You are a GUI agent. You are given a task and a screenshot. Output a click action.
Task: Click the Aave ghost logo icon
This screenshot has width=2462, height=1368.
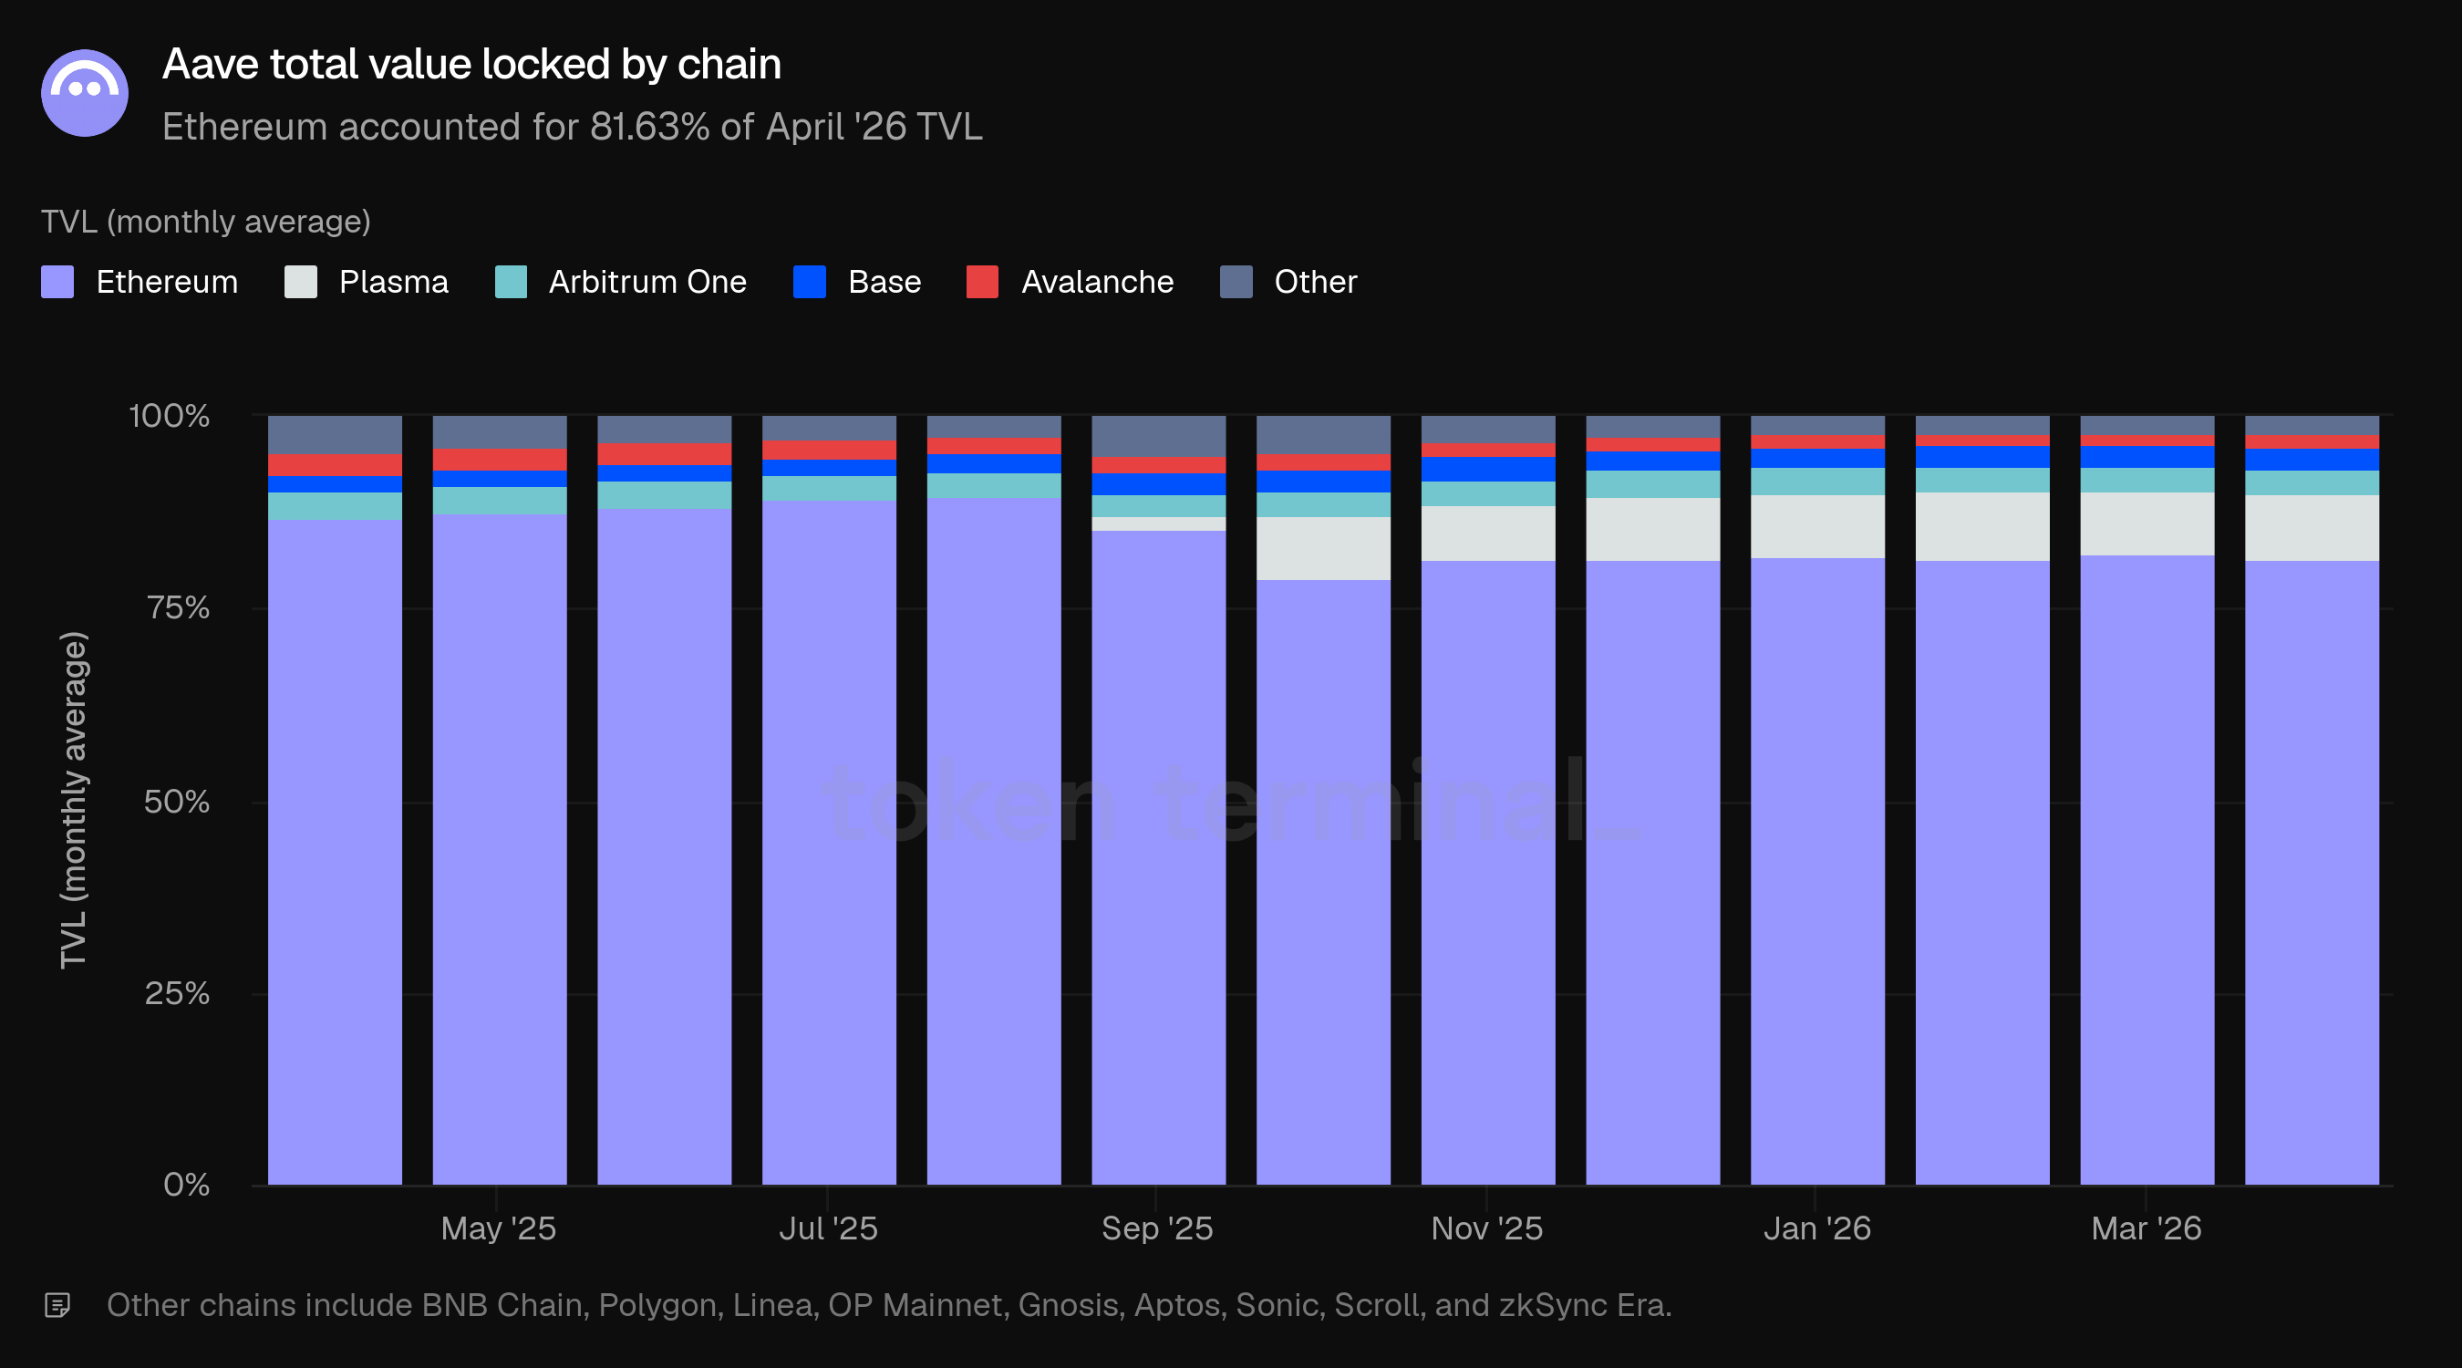coord(84,93)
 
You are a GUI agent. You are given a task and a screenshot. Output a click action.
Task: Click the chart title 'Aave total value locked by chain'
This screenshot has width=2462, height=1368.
coord(472,64)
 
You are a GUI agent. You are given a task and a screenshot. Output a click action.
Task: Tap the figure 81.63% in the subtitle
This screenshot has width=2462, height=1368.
coord(650,126)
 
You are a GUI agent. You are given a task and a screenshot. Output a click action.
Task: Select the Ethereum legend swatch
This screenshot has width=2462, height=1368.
coord(57,282)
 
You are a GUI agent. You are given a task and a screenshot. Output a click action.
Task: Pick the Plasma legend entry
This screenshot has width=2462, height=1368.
coord(366,282)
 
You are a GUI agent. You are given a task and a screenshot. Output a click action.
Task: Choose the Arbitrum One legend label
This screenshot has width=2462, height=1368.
coord(647,282)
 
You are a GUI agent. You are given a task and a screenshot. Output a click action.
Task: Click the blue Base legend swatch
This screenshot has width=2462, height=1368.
coord(810,282)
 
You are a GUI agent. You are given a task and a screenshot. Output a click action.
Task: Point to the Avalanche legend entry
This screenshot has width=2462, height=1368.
coord(1070,282)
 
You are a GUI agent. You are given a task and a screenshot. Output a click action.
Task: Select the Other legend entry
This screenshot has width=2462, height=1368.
coord(1288,282)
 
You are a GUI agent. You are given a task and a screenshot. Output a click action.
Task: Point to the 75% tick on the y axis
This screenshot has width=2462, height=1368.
coord(178,608)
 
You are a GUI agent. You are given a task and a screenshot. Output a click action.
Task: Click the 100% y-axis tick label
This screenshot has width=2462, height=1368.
coord(170,416)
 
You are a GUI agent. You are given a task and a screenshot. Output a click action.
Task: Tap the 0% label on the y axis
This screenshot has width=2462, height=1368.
coord(186,1186)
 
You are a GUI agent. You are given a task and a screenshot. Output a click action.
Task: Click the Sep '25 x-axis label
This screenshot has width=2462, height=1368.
coord(1157,1228)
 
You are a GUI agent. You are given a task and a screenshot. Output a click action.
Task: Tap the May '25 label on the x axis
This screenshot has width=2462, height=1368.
coord(498,1228)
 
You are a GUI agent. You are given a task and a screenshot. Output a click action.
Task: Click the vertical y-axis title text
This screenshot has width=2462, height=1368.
coord(74,800)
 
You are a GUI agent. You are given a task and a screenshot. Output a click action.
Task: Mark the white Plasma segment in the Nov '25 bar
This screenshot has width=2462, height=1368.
coord(1488,534)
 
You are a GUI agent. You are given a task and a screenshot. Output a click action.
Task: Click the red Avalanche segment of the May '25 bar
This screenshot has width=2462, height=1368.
coord(500,460)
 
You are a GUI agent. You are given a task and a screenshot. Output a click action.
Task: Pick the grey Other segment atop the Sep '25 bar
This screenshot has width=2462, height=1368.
coord(1158,436)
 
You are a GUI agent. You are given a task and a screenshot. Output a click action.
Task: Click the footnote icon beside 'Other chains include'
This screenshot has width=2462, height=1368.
coord(57,1305)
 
